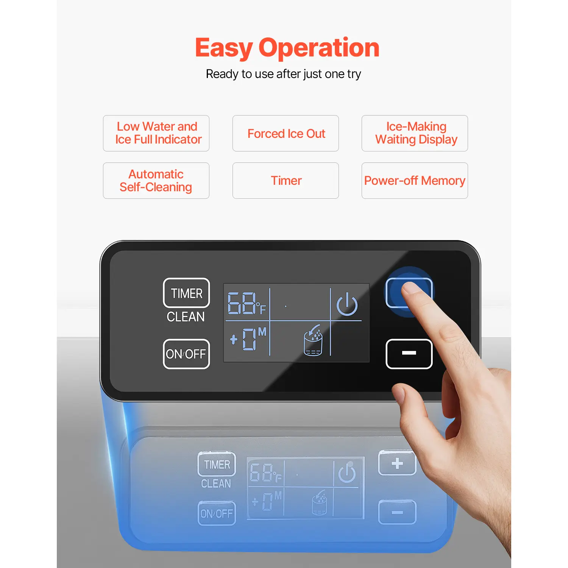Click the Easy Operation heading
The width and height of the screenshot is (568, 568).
coord(287,48)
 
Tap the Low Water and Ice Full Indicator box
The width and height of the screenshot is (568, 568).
coord(156,133)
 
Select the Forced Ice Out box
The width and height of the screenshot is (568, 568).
coord(286,133)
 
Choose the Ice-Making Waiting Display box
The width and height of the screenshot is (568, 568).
coord(415,133)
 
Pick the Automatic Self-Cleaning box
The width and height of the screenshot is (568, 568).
coord(156,181)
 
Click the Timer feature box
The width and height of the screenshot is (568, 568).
coord(286,181)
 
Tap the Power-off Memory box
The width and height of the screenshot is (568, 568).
coord(415,181)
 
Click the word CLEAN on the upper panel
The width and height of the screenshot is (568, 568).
coord(186,317)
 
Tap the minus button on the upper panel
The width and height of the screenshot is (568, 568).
coord(409,354)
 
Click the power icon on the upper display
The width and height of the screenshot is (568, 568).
coord(347,304)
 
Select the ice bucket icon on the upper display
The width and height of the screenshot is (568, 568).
coord(313,340)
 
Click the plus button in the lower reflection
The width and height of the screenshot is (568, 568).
coord(397,463)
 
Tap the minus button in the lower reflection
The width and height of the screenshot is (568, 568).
coord(397,512)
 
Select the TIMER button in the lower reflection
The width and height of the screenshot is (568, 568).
coord(217,464)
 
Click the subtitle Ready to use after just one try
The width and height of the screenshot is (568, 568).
coord(283,74)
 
